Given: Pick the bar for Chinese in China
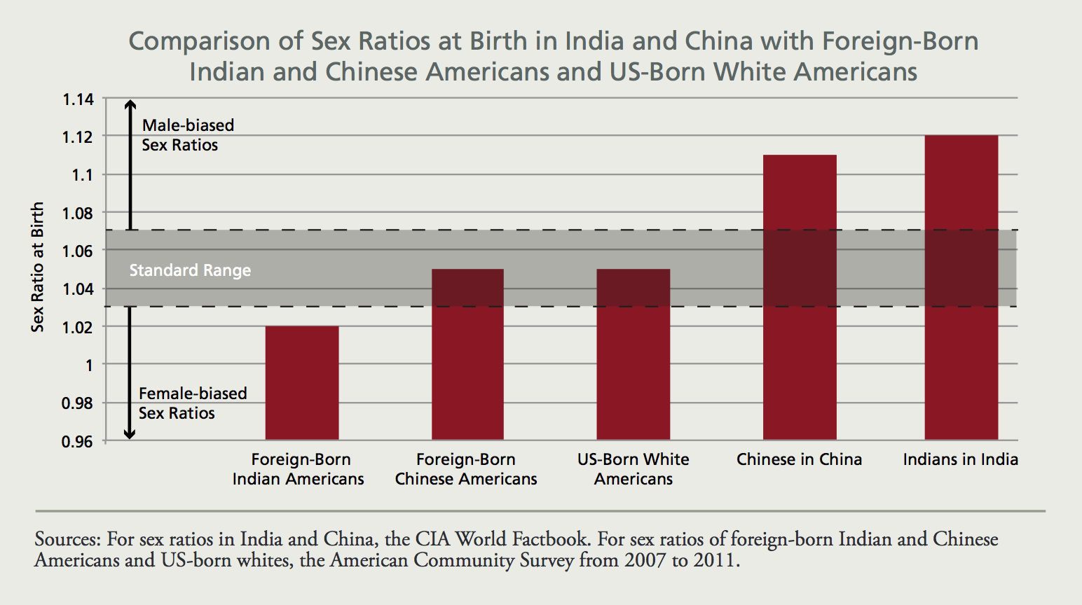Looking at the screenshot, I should [800, 297].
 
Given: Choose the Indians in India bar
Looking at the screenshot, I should [961, 287].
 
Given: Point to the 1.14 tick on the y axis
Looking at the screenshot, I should [78, 99].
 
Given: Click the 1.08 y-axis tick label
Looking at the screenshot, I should [78, 213].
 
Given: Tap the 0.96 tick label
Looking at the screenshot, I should [78, 441].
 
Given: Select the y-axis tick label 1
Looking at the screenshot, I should [88, 365].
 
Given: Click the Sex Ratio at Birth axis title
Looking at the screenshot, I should [38, 267].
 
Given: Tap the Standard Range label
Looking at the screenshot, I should [190, 270].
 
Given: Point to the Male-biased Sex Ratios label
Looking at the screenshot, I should [187, 135].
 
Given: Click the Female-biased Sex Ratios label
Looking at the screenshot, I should [192, 403].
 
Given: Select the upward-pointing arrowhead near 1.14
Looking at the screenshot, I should [130, 105].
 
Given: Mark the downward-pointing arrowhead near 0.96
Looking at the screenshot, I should [130, 434].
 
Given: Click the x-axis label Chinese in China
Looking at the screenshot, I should [799, 459].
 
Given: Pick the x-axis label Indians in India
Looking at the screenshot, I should [960, 459].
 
